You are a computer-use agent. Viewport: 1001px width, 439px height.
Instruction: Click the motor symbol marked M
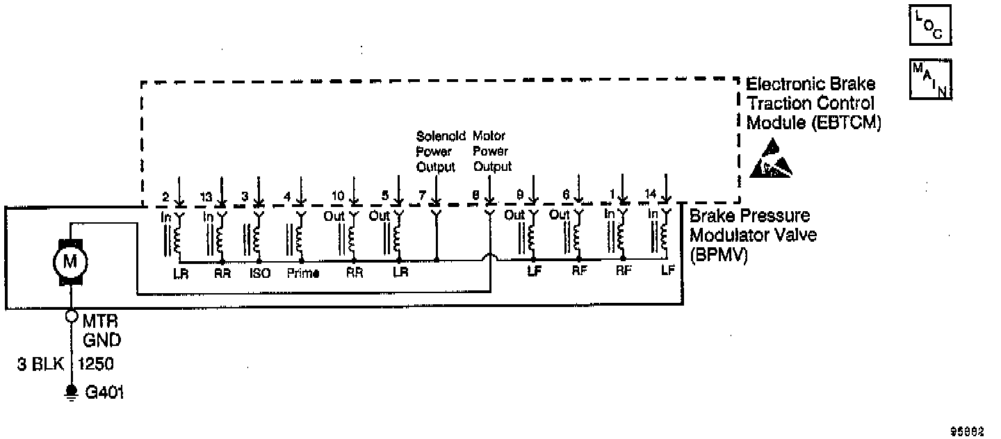pos(70,262)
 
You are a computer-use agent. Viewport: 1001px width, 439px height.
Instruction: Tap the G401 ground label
pos(104,392)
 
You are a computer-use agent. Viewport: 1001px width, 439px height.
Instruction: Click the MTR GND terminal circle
pos(70,317)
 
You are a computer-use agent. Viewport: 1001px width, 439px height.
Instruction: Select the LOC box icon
pos(929,24)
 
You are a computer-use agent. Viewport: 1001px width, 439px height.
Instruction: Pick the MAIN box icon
pos(929,79)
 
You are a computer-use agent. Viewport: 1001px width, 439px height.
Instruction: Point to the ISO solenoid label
pos(260,273)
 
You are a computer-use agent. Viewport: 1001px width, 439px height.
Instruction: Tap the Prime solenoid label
pos(303,273)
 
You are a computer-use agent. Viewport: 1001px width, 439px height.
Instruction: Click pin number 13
pos(206,197)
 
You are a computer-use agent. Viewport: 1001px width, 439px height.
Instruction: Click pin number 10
pos(337,197)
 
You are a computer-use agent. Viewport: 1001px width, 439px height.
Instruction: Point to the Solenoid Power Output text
pos(435,150)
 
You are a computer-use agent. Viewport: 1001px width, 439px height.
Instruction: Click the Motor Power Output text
pos(491,150)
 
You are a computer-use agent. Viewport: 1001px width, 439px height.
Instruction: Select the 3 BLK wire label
pos(37,363)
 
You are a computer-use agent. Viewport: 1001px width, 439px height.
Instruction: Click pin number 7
pos(421,197)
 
